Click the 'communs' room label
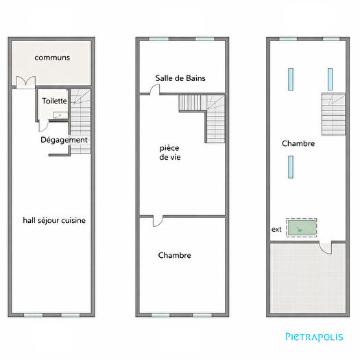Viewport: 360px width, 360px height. tap(52, 58)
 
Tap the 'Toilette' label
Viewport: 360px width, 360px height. tap(54, 100)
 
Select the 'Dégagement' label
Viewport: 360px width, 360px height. tap(64, 140)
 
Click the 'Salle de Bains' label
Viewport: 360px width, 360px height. tap(180, 78)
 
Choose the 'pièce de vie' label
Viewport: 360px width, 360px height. tap(170, 152)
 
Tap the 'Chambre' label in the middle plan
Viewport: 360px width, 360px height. tap(174, 255)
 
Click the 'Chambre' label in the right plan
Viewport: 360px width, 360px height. tap(298, 143)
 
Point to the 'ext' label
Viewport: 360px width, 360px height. tap(277, 229)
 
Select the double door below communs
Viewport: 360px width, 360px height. tap(24, 82)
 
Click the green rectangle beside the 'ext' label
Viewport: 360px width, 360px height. tap(302, 227)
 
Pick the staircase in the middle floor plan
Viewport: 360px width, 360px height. tap(206, 113)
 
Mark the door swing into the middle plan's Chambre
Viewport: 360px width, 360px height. tap(157, 221)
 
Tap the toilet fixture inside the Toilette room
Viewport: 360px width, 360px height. tap(60, 115)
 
